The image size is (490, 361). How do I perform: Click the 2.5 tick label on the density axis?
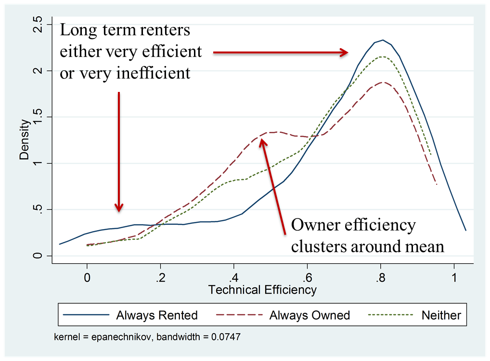(38, 25)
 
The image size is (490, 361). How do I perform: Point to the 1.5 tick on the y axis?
(38, 116)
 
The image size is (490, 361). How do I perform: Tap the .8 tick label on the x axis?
(380, 277)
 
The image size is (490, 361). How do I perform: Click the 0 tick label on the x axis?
(87, 277)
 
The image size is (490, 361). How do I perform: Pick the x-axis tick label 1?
(454, 277)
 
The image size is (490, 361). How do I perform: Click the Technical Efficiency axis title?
(262, 290)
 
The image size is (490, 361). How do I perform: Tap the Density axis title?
(24, 140)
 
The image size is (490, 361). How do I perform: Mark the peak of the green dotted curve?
(382, 57)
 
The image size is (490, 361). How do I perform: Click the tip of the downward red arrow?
(119, 211)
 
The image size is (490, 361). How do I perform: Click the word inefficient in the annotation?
(153, 73)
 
